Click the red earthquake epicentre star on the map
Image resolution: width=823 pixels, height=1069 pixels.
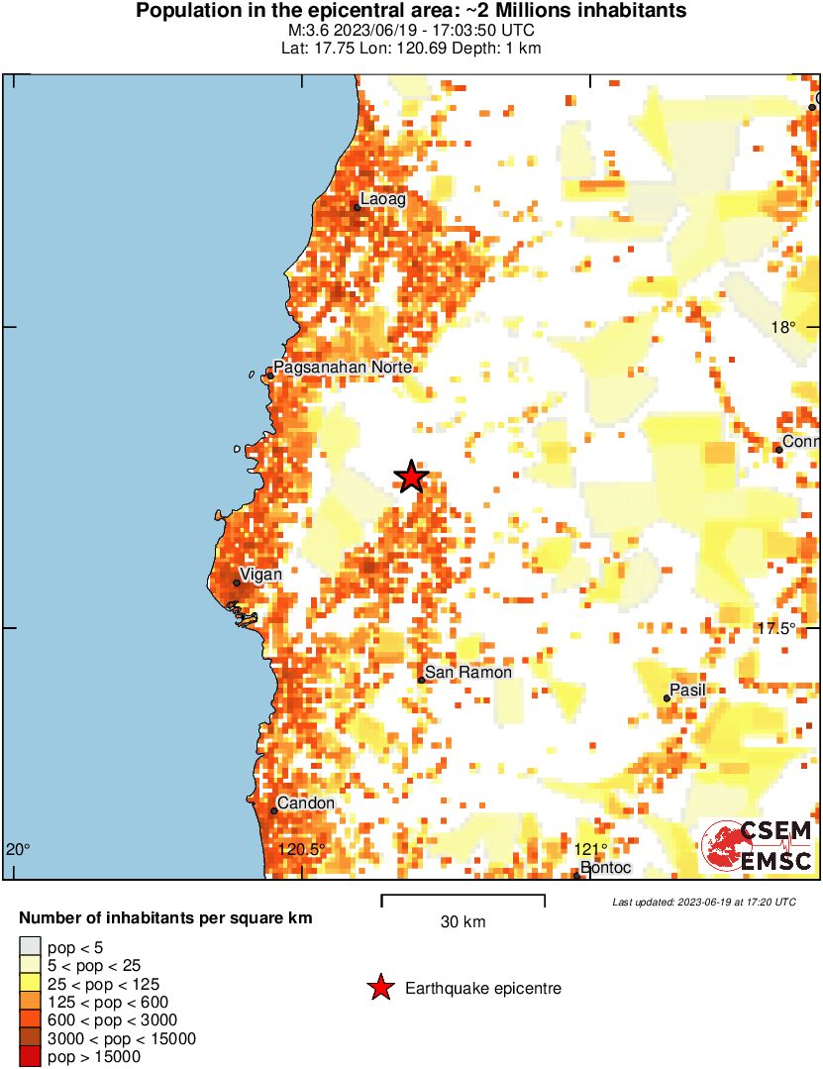411,478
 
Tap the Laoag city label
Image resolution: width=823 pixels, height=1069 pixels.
382,199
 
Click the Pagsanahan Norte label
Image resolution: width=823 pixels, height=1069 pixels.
342,368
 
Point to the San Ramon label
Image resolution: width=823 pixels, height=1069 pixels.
468,673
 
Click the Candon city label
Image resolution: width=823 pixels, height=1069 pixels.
305,803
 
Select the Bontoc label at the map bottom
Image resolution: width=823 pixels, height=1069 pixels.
604,868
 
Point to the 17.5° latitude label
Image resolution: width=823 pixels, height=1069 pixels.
776,629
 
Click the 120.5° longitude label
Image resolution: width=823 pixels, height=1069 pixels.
301,849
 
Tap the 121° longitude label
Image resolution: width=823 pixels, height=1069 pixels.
589,849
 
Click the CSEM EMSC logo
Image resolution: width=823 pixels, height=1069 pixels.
757,847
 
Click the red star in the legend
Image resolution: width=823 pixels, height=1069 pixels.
379,988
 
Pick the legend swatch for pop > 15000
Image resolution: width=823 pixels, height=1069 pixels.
30,1057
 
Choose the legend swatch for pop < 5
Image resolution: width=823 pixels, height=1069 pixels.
30,949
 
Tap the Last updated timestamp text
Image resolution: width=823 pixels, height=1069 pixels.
703,903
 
